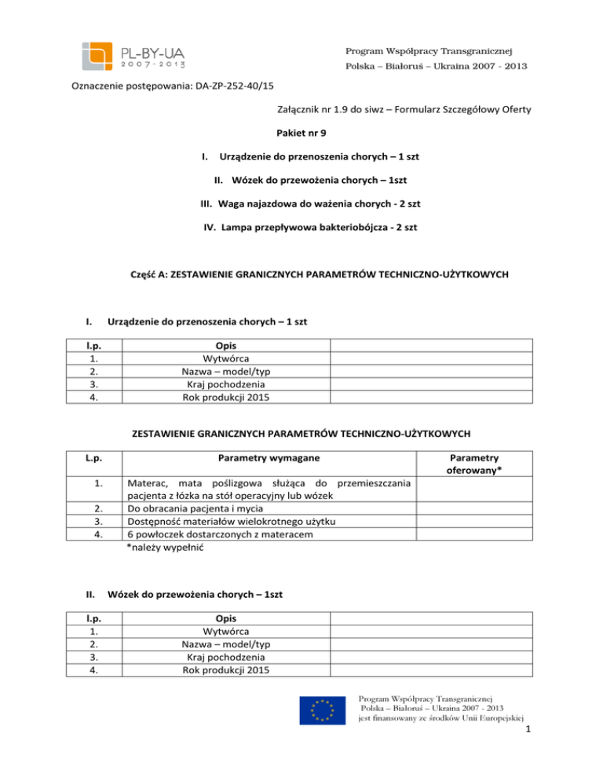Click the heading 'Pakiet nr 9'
301,134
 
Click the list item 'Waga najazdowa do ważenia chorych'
301,204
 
